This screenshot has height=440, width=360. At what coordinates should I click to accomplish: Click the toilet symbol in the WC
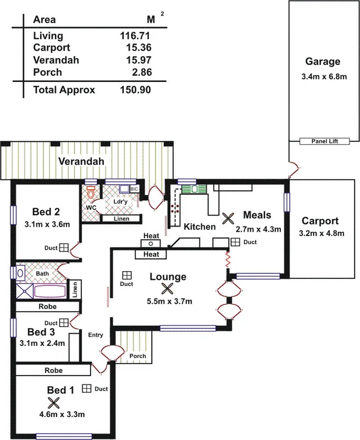(91, 193)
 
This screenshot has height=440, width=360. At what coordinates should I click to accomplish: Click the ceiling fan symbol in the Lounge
(168, 288)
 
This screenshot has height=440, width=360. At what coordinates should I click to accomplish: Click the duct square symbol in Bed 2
(64, 248)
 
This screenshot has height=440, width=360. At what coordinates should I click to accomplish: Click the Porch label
(137, 356)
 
